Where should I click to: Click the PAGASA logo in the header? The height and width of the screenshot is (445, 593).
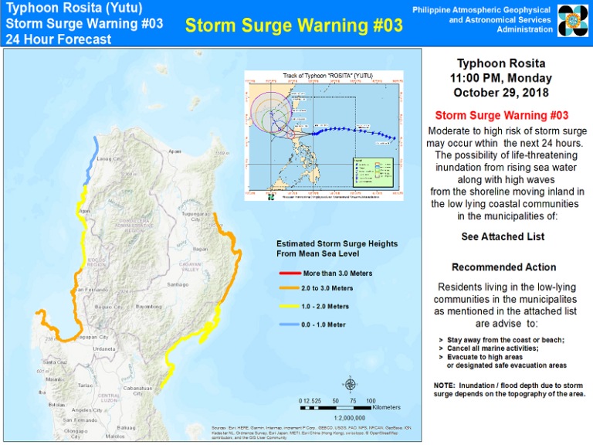pyautogui.click(x=572, y=21)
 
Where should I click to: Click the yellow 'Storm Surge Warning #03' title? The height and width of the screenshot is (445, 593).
pyautogui.click(x=294, y=25)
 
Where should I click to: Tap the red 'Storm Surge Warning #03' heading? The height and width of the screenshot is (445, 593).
pyautogui.click(x=502, y=115)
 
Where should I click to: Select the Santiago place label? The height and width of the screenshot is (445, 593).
pyautogui.click(x=178, y=284)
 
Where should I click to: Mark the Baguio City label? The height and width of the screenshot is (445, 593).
pyautogui.click(x=107, y=307)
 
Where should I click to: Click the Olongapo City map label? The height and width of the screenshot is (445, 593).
pyautogui.click(x=74, y=434)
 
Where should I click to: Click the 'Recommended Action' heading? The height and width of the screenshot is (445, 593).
pyautogui.click(x=502, y=267)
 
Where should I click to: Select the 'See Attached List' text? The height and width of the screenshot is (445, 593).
pyautogui.click(x=502, y=236)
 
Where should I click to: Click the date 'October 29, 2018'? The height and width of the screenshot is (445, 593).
pyautogui.click(x=502, y=93)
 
